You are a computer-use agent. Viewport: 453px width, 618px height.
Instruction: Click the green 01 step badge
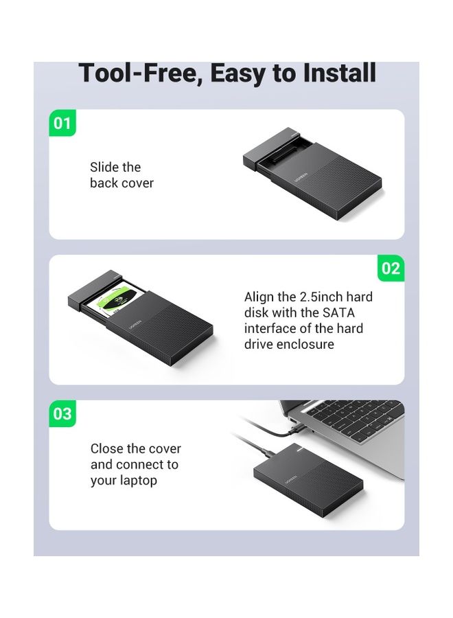point(62,123)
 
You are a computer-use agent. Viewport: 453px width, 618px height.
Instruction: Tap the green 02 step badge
point(391,268)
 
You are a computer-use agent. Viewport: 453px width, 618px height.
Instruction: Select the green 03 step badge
point(62,414)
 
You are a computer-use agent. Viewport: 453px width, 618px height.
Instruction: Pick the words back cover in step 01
point(121,183)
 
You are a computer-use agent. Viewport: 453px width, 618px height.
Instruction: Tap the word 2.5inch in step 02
point(319,297)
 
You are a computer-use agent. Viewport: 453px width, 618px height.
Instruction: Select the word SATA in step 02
point(340,312)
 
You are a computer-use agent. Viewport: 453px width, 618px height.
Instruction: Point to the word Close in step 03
point(108,448)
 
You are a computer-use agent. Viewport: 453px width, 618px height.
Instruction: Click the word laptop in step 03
point(137,480)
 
